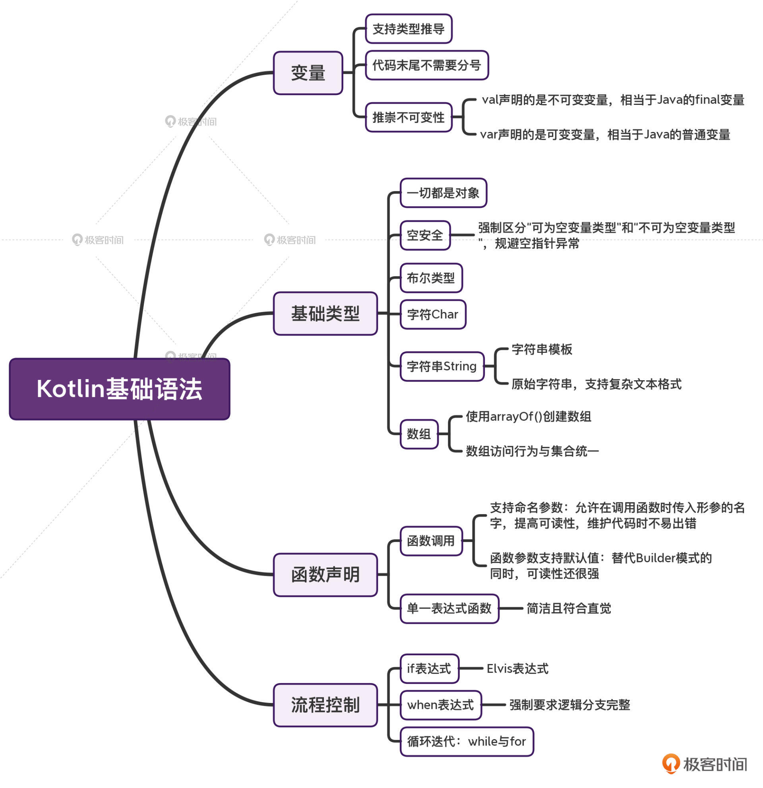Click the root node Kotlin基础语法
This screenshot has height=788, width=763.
tap(119, 389)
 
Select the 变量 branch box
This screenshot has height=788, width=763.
tap(308, 73)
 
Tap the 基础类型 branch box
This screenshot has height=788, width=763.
tap(325, 313)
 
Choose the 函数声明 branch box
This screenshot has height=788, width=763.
tap(325, 575)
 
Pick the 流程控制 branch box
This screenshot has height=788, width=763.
tap(325, 705)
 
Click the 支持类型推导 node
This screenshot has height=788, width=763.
tap(408, 29)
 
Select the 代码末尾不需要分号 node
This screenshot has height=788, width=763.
tap(426, 65)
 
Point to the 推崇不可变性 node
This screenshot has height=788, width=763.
tap(408, 117)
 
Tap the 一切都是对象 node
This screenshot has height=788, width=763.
tap(443, 193)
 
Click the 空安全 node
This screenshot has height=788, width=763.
tap(424, 235)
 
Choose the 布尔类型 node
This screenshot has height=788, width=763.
tap(430, 278)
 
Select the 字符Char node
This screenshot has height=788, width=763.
tap(432, 314)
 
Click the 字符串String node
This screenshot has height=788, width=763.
tap(442, 366)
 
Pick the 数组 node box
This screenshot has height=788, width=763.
tap(418, 434)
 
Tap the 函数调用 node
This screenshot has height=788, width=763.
tap(430, 541)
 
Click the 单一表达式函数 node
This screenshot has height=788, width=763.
tap(449, 608)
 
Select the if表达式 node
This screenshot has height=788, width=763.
tap(429, 669)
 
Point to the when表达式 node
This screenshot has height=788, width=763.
tap(440, 705)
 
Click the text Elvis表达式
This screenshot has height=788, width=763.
tap(517, 669)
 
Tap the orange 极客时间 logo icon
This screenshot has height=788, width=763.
tap(670, 763)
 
